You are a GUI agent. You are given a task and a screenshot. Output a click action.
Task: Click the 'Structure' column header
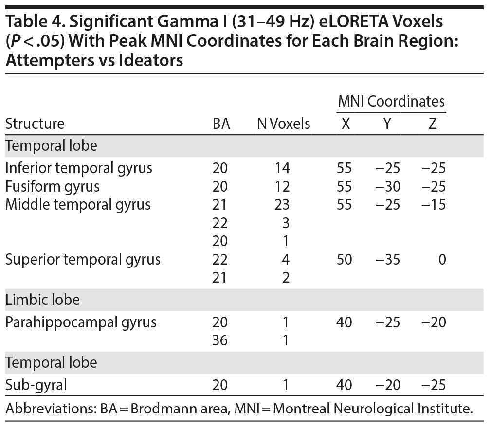[35, 124]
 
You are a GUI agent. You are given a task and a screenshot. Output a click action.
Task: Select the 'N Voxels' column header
[283, 124]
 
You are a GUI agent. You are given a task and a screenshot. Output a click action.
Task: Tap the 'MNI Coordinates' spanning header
[391, 101]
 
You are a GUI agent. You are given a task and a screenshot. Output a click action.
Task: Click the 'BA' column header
[221, 124]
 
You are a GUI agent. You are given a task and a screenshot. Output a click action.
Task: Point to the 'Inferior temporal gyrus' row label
[78, 168]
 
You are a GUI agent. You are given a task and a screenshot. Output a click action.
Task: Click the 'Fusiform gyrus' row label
[52, 186]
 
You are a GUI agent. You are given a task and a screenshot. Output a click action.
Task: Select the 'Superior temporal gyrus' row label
[83, 259]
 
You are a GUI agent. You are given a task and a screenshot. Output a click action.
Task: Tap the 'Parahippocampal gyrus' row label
[81, 322]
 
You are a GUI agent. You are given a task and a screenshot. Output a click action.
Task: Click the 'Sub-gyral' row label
[36, 385]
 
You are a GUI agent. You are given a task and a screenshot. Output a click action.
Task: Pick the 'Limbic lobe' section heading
[42, 300]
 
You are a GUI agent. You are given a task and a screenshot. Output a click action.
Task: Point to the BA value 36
[220, 340]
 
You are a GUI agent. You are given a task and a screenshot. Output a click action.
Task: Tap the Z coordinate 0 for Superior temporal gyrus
[441, 259]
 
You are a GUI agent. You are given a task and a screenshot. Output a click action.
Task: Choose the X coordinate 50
[345, 259]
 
